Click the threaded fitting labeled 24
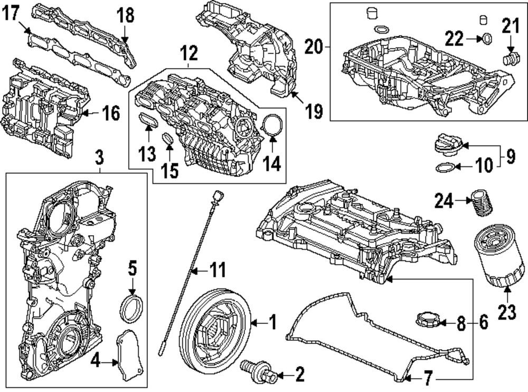482,202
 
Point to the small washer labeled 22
487,39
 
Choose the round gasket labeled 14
272,125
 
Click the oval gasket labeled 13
148,120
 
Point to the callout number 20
313,47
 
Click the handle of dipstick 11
218,196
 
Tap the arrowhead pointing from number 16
85,113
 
